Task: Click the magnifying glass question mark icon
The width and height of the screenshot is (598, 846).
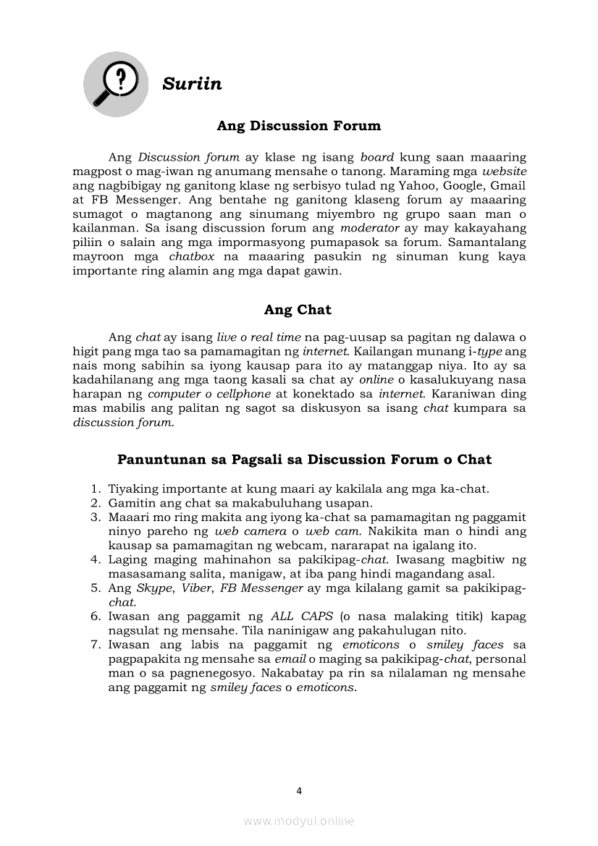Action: [116, 84]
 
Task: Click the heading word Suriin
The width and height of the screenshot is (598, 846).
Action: [192, 84]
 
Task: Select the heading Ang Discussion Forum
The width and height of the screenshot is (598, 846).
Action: [298, 126]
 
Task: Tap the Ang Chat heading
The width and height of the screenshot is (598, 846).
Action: [298, 310]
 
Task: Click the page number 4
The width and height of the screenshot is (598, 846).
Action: [299, 791]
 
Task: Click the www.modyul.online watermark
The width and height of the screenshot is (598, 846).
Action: [299, 821]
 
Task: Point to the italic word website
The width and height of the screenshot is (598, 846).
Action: [505, 172]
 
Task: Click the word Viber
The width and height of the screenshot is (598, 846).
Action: [197, 588]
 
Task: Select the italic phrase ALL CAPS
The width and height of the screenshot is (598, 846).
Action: [302, 617]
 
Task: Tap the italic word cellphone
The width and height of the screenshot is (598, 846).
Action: [243, 394]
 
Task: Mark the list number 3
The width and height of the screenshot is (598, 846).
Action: [95, 517]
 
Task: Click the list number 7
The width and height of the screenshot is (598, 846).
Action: [95, 645]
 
